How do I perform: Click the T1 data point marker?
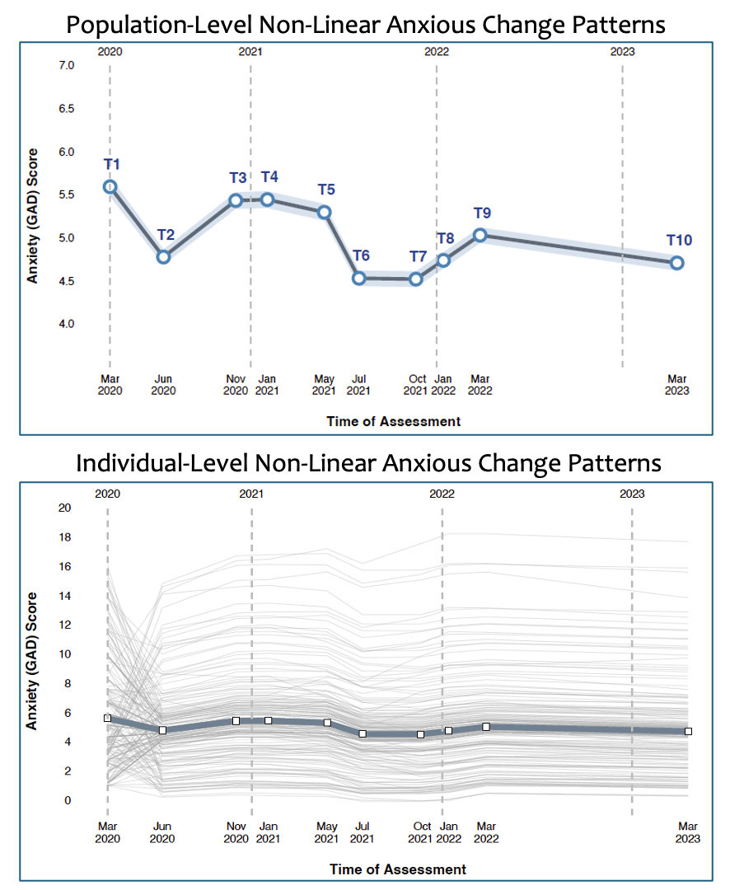(110, 187)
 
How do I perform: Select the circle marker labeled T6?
(358, 279)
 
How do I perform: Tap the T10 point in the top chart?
(676, 263)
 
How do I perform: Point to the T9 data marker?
(480, 235)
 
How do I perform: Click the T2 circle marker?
(163, 257)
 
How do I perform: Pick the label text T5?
(326, 190)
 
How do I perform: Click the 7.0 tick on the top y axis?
(66, 65)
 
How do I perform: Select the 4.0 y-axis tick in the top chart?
(66, 324)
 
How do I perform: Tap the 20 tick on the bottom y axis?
(64, 508)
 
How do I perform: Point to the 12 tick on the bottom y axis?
(64, 625)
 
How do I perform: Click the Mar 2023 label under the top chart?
(676, 385)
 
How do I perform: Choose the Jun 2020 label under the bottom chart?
(162, 832)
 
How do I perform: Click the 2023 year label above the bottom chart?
(632, 494)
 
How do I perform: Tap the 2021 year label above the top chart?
(250, 52)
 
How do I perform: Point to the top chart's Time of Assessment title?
(393, 421)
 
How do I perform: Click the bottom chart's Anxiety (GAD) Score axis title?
(33, 661)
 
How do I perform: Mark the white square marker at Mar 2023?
(688, 731)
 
